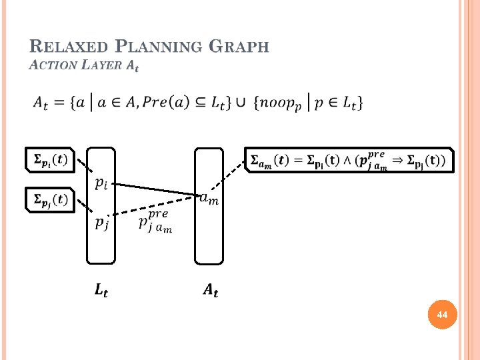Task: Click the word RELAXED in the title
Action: coord(69,47)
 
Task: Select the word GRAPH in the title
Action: coord(239,47)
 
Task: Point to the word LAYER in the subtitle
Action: coord(100,65)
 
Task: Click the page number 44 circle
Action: coord(443,314)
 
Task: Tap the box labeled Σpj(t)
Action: coord(49,199)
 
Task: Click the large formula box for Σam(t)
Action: coord(349,160)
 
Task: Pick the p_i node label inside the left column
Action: coord(101,183)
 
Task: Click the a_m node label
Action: coord(209,197)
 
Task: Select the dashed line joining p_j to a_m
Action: coord(157,205)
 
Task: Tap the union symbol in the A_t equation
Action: coord(242,103)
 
